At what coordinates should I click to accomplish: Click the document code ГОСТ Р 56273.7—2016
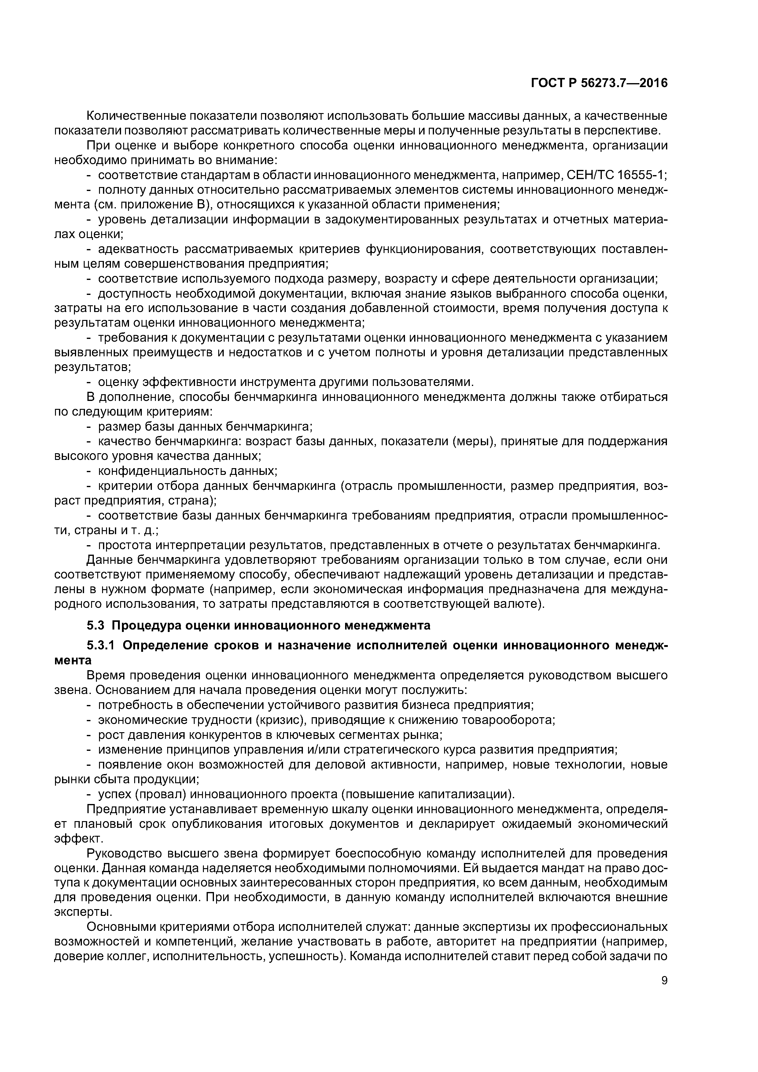click(599, 83)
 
